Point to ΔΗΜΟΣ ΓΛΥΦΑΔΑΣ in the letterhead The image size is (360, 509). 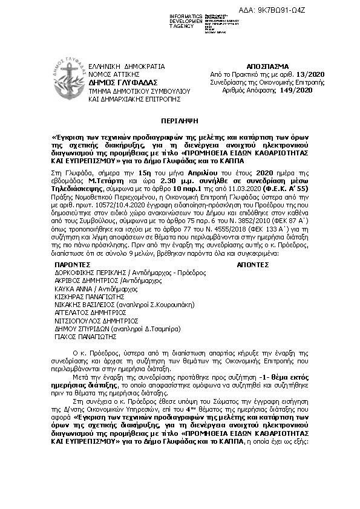click(x=123, y=82)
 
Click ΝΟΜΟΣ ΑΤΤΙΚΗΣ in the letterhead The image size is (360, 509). click(x=115, y=73)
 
